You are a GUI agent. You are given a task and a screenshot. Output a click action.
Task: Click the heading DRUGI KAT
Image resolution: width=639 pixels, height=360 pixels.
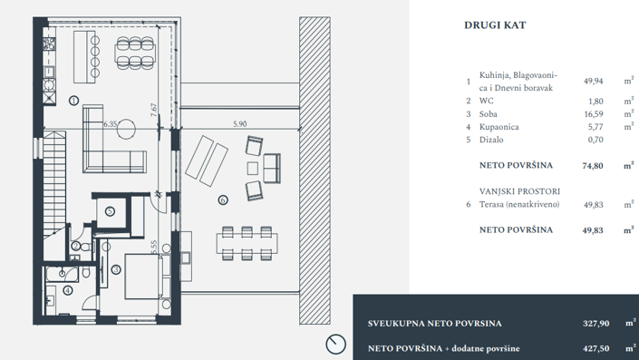[495, 25]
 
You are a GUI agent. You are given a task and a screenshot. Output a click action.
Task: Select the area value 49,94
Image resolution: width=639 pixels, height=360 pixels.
[594, 81]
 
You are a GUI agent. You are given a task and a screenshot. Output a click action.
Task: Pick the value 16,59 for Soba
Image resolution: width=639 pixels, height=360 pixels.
[594, 114]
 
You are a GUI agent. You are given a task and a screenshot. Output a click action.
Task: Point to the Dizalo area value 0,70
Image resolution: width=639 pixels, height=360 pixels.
[595, 140]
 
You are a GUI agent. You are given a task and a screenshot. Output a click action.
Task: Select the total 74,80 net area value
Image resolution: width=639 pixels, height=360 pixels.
[593, 167]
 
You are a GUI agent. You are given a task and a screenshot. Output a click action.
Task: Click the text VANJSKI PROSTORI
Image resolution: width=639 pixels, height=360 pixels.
[519, 192]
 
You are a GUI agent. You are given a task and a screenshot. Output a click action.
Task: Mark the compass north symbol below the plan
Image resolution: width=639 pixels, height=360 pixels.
[334, 344]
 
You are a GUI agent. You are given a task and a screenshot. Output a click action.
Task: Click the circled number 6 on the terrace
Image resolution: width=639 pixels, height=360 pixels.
[223, 200]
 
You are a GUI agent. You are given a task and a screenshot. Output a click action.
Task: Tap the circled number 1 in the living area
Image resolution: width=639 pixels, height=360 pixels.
[73, 100]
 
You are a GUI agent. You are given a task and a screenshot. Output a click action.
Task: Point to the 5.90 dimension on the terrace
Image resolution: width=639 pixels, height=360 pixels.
[239, 124]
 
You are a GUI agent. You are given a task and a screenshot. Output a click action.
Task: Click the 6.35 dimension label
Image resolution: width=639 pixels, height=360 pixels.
[111, 124]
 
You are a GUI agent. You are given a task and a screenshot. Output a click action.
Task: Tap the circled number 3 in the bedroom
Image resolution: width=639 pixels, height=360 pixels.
[116, 269]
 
